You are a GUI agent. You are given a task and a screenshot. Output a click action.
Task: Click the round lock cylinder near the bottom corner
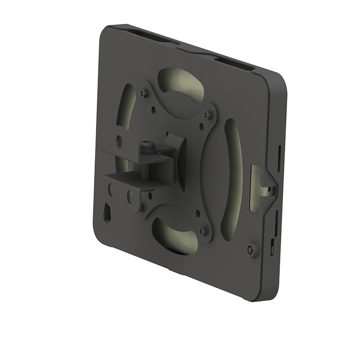[251, 249]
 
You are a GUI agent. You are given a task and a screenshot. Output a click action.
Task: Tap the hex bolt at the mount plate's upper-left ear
[144, 93]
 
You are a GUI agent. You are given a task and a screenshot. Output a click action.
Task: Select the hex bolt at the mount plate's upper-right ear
[207, 115]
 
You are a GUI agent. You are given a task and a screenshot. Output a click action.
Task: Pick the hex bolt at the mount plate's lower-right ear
[203, 231]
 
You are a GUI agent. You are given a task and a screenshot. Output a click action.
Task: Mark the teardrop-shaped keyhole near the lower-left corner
[108, 211]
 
